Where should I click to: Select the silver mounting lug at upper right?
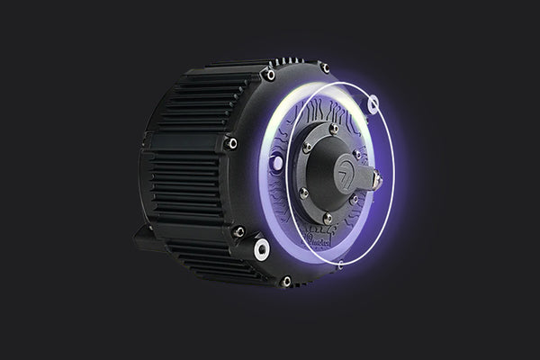[373, 104]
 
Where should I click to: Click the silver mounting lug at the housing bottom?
[262, 247]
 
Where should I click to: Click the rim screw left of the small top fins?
[267, 74]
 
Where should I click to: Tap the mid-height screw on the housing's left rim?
[232, 143]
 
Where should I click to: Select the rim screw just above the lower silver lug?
[238, 231]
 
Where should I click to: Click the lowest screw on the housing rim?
[286, 281]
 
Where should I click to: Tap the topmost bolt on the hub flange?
[334, 129]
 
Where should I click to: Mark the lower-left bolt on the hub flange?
[304, 192]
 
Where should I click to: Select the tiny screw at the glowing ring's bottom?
[339, 263]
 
